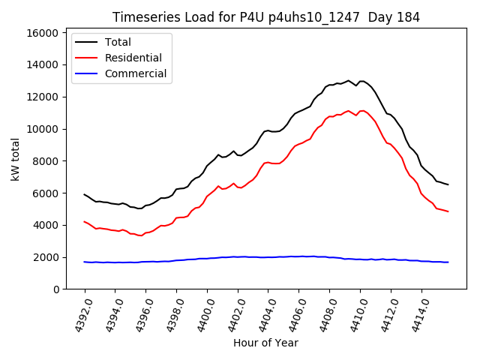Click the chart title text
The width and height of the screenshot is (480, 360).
[x=265, y=17]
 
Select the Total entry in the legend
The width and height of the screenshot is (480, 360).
[x=118, y=42]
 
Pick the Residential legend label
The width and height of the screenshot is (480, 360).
[x=133, y=58]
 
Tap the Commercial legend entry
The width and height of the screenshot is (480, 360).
[x=135, y=73]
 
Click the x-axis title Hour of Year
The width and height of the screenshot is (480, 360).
[x=265, y=343]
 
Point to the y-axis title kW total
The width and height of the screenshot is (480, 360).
[x=16, y=160]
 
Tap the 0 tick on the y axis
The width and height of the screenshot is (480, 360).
[x=55, y=289]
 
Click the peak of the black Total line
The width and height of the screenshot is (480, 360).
[x=349, y=80]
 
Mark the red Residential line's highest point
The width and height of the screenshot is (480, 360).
[x=349, y=111]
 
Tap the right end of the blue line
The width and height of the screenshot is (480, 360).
[x=448, y=262]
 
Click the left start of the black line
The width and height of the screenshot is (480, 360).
[x=84, y=194]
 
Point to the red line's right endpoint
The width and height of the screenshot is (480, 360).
[x=448, y=211]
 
